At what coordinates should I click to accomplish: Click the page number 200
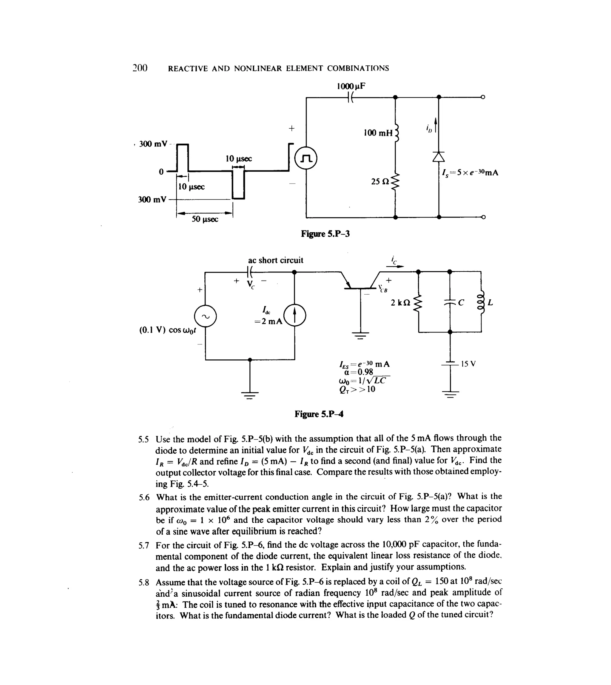pyautogui.click(x=140, y=68)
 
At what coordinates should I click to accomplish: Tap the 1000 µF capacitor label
pyautogui.click(x=351, y=86)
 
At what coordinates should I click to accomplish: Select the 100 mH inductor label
pyautogui.click(x=378, y=133)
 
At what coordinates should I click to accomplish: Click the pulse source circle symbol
pyautogui.click(x=306, y=158)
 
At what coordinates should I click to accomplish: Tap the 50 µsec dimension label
pyautogui.click(x=205, y=219)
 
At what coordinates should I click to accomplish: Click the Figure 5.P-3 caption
pyautogui.click(x=325, y=234)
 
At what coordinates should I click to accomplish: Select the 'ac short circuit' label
pyautogui.click(x=275, y=260)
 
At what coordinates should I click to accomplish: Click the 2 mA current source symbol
pyautogui.click(x=295, y=315)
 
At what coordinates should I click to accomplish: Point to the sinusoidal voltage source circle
pyautogui.click(x=205, y=316)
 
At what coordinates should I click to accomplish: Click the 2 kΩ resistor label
pyautogui.click(x=400, y=303)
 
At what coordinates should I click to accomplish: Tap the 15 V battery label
pyautogui.click(x=468, y=364)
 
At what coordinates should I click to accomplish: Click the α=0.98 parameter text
pyautogui.click(x=359, y=372)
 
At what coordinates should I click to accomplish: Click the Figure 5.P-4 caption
pyautogui.click(x=319, y=414)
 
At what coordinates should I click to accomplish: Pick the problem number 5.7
pyautogui.click(x=144, y=546)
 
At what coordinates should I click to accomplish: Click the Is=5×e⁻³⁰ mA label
pyautogui.click(x=470, y=173)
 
